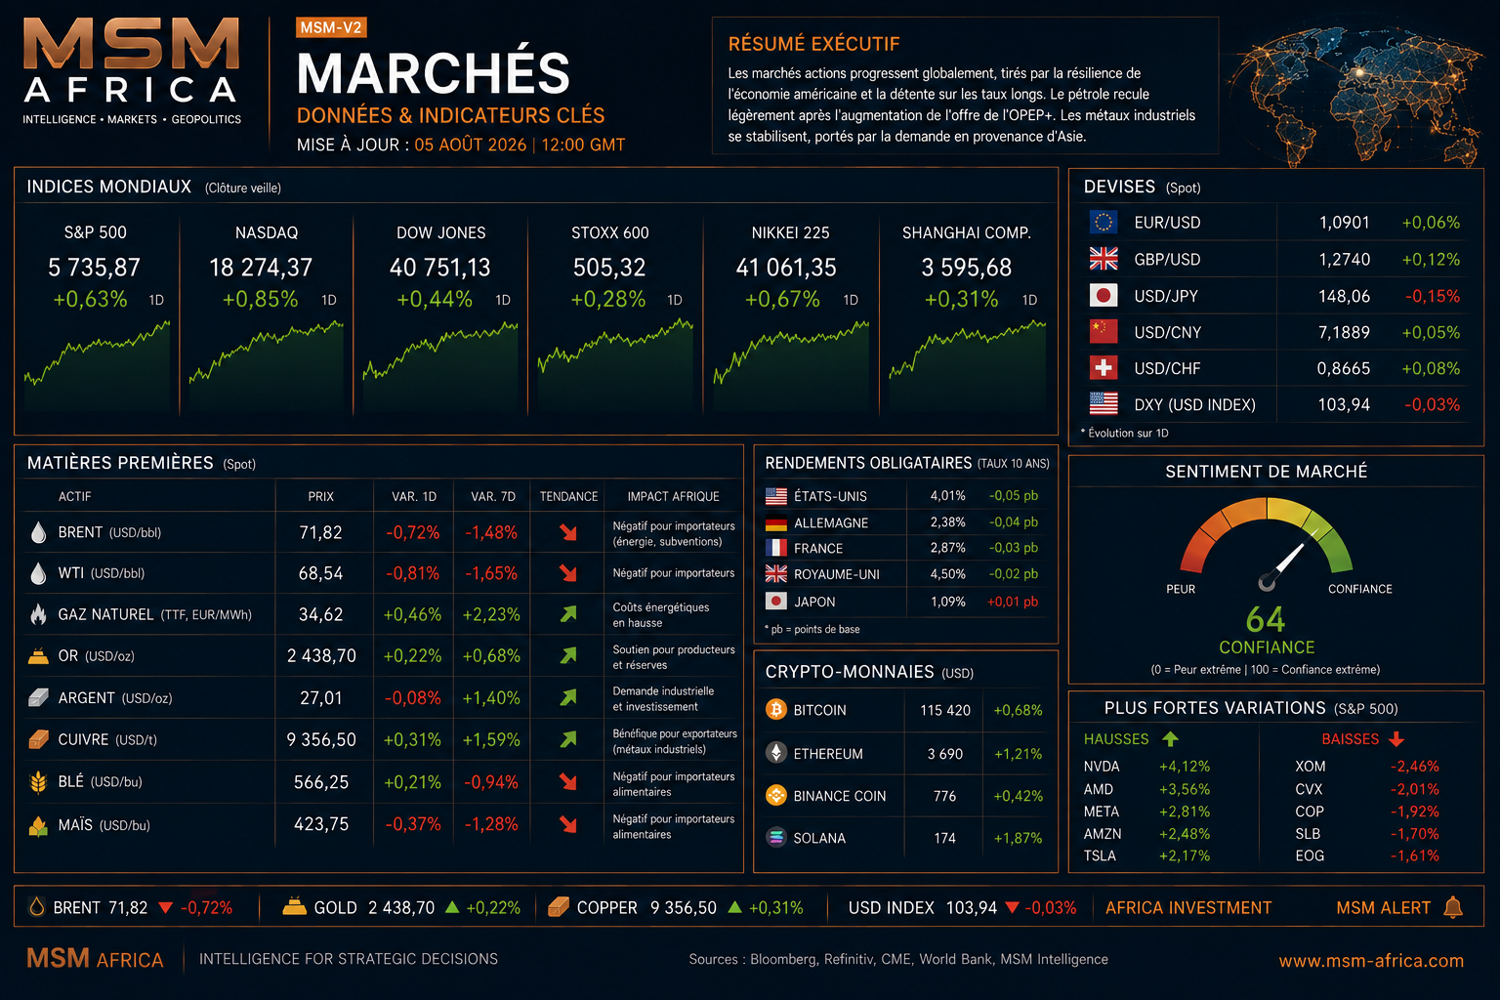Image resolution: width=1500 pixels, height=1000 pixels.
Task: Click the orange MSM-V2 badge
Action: pos(331,27)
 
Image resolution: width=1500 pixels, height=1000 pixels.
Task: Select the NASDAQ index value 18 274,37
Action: pos(261,268)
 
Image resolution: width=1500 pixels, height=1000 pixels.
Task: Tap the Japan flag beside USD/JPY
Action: pos(1103,295)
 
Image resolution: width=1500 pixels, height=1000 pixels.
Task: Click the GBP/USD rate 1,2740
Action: pos(1344,259)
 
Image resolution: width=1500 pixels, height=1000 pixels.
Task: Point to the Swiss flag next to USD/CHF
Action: pos(1103,368)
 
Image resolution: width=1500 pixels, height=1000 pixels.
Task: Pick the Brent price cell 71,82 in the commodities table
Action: pos(320,532)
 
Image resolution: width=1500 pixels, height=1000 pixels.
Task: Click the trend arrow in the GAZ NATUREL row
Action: pos(568,613)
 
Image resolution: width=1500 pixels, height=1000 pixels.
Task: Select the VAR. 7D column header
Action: pos(493,496)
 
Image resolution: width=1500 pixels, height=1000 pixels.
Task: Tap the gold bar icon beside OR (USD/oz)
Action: pos(38,655)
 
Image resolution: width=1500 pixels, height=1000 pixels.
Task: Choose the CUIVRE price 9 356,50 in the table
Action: pos(320,739)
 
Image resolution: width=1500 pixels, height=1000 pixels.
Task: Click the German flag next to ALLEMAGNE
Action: pos(776,522)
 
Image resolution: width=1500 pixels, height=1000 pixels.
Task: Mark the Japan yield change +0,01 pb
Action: pos(1013,602)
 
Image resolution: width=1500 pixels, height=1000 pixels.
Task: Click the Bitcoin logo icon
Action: pos(776,709)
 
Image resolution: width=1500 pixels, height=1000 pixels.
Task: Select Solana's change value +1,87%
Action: pos(1018,838)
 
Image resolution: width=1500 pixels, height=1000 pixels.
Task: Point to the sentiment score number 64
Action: pos(1266,619)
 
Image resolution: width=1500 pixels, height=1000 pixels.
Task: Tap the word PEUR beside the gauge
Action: pos(1181,589)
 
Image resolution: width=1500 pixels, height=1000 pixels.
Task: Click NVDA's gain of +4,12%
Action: pos(1185,767)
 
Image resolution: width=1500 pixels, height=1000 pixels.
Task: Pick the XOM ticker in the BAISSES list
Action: pos(1310,767)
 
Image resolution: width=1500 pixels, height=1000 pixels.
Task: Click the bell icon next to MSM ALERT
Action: pos(1453,907)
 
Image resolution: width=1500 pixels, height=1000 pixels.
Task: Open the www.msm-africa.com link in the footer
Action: pos(1371,961)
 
